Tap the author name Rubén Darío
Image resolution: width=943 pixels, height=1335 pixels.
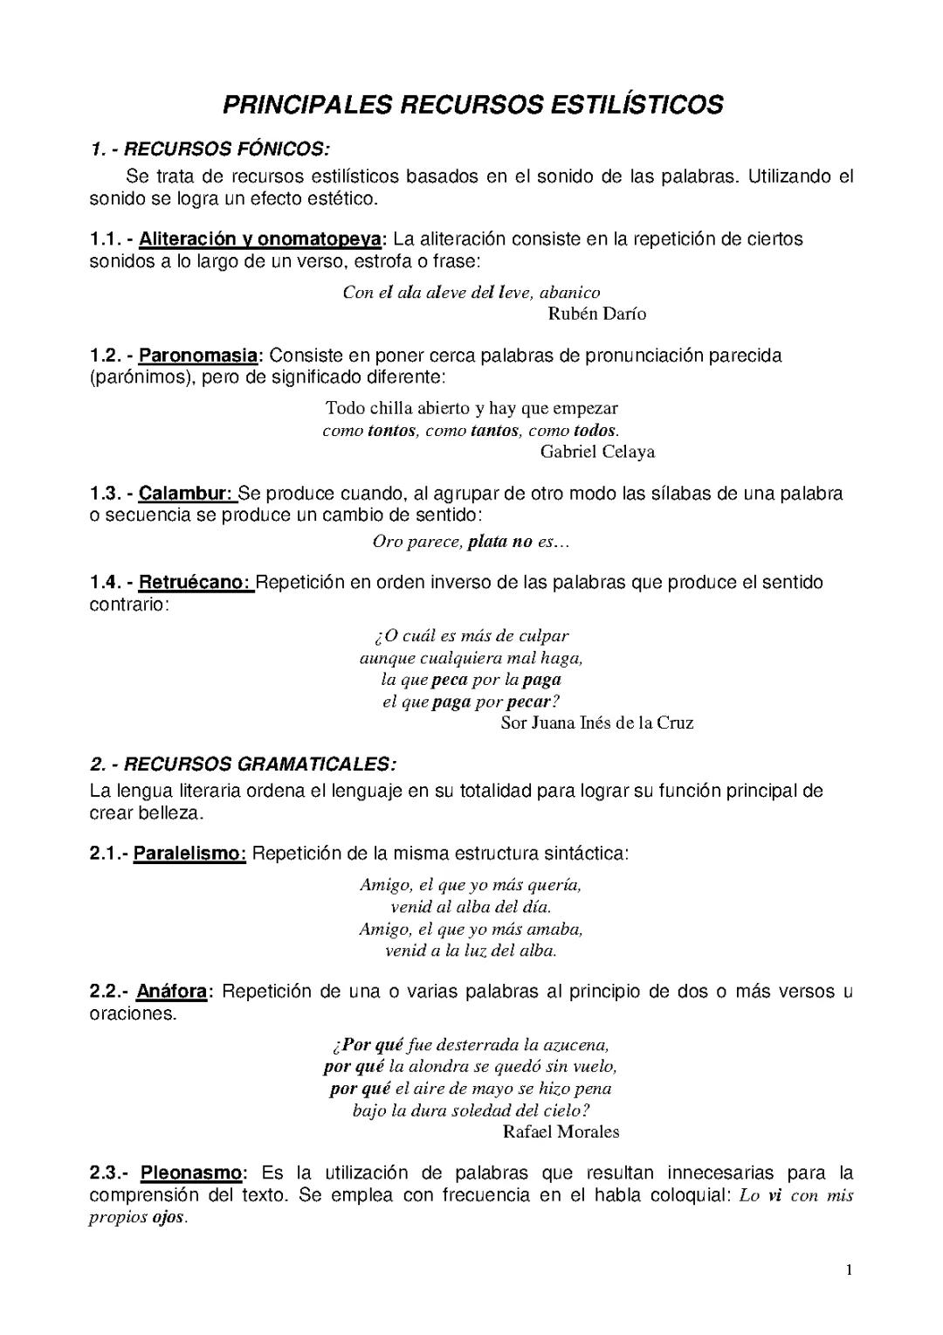(597, 314)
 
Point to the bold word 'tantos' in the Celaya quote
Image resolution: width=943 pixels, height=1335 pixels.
(494, 431)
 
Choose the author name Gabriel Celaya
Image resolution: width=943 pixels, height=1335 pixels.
(597, 452)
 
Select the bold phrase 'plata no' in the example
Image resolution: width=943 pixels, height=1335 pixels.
(500, 542)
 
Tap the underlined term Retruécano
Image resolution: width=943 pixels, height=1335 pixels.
(196, 583)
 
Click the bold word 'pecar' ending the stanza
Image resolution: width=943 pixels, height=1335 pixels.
(529, 702)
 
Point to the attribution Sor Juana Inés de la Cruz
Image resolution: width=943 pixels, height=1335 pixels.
(597, 723)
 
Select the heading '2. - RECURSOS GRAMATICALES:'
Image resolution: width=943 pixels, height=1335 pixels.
(243, 764)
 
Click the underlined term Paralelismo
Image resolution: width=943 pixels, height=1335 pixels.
(190, 854)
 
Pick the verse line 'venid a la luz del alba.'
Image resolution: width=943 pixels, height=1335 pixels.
(471, 951)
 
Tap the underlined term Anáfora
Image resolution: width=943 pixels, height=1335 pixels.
(172, 992)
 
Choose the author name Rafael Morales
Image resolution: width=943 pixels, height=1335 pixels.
(561, 1132)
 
